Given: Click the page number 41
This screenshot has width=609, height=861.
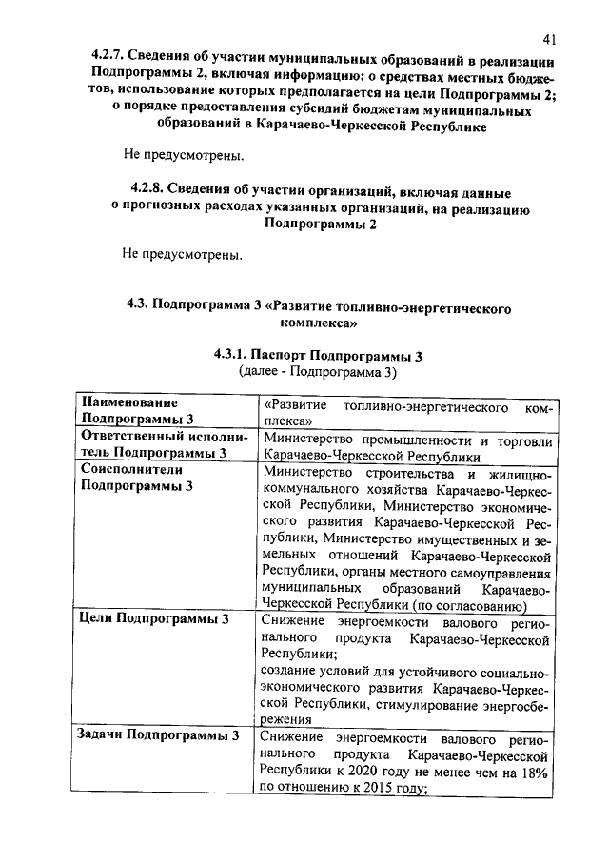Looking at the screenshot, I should click(549, 39).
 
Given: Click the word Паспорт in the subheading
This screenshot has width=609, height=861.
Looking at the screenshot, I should click(297, 355).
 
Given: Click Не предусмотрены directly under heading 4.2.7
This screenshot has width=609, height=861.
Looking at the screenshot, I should click(182, 153).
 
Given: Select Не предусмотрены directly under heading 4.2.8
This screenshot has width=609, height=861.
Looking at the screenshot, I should click(182, 254).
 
